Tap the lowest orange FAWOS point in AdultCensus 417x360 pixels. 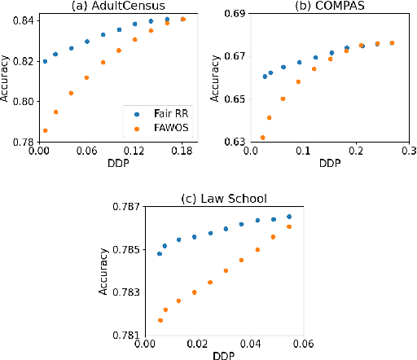(x=45, y=130)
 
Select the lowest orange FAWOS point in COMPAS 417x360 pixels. (x=262, y=138)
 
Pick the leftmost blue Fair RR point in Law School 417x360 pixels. (x=160, y=253)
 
